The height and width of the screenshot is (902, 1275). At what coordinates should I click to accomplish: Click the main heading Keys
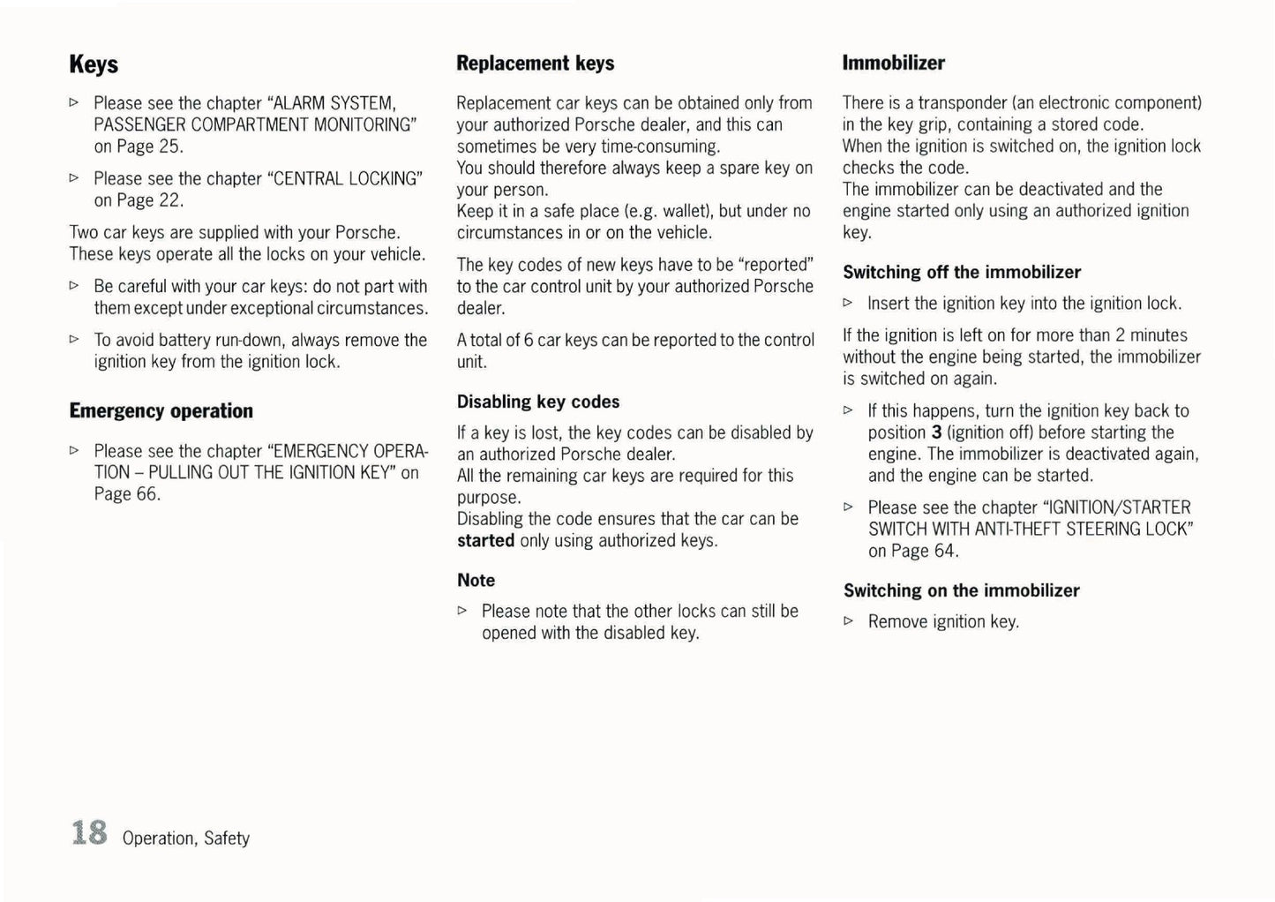point(94,64)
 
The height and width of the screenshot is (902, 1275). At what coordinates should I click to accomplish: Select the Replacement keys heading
point(535,64)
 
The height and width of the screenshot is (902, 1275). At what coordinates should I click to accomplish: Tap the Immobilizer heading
point(893,63)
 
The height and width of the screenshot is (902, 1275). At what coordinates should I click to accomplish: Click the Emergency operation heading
point(161,411)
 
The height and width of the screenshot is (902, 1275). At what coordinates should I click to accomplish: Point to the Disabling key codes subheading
point(537,402)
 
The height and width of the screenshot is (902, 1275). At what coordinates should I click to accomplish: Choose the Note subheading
point(476,580)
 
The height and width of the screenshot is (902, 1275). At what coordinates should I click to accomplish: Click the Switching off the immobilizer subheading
point(961,272)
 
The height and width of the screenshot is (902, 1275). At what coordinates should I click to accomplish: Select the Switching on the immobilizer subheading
point(961,590)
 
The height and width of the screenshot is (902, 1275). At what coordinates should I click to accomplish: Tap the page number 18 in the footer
point(89,833)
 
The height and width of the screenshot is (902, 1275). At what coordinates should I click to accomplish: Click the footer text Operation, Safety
point(186,838)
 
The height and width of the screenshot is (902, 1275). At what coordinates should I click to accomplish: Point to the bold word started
point(485,540)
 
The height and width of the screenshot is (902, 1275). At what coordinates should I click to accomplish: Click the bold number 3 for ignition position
point(936,432)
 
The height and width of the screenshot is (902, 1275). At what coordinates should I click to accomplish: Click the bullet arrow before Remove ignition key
point(848,621)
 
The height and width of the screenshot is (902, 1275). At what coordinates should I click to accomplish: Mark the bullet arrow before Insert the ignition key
point(848,303)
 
